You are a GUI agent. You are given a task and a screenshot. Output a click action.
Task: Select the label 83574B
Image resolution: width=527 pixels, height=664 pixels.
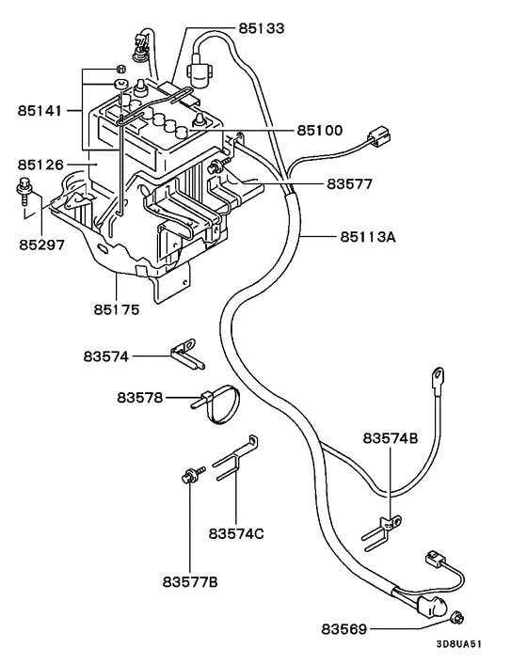(x=391, y=438)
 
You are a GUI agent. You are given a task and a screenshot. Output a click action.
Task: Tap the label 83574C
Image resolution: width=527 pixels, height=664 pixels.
(x=236, y=533)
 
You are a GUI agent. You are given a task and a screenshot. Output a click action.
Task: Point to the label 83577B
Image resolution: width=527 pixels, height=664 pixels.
(x=189, y=583)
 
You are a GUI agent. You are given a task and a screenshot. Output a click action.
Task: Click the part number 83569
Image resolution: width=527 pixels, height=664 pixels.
(x=346, y=627)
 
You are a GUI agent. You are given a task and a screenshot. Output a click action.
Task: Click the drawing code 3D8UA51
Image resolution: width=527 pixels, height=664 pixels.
(x=459, y=645)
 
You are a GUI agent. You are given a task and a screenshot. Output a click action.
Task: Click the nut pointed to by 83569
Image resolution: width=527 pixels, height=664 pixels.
(x=457, y=618)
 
